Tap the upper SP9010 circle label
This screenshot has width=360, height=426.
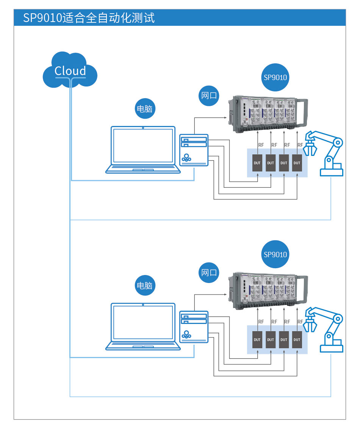click(275, 78)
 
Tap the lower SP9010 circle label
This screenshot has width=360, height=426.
click(275, 254)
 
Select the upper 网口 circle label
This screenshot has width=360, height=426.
click(209, 95)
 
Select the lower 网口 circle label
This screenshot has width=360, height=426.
click(209, 272)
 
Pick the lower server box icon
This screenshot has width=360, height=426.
click(194, 327)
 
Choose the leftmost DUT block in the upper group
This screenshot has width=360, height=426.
click(257, 163)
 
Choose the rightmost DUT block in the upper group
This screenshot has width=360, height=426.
click(297, 163)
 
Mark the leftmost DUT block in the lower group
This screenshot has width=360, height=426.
click(257, 340)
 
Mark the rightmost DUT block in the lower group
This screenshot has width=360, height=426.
click(297, 340)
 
